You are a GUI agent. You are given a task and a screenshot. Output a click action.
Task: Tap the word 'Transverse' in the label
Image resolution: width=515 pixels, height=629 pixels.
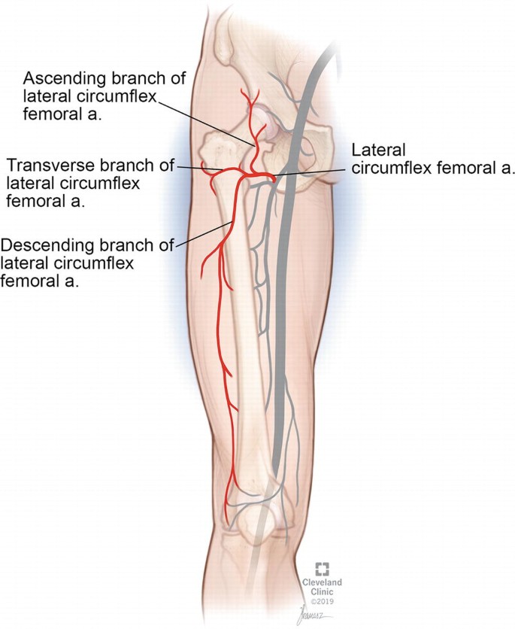coord(47,165)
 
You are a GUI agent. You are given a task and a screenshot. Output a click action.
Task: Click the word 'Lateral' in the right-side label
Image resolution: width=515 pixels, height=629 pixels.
coord(374,150)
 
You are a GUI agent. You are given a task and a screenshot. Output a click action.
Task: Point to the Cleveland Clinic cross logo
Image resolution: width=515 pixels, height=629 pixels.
coord(322,568)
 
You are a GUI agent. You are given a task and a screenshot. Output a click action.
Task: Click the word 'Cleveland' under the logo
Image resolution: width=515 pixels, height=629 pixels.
coord(322,582)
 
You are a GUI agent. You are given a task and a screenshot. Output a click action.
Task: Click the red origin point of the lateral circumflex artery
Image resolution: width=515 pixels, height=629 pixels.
coord(274,178)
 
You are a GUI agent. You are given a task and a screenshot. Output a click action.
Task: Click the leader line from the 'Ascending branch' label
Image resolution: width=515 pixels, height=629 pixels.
coord(218,125)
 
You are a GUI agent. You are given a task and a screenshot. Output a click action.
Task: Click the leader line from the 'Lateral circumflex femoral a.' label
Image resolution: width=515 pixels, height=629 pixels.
coord(316,172)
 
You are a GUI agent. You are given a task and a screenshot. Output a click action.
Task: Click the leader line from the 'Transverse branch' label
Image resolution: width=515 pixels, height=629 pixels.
coord(189,167)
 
